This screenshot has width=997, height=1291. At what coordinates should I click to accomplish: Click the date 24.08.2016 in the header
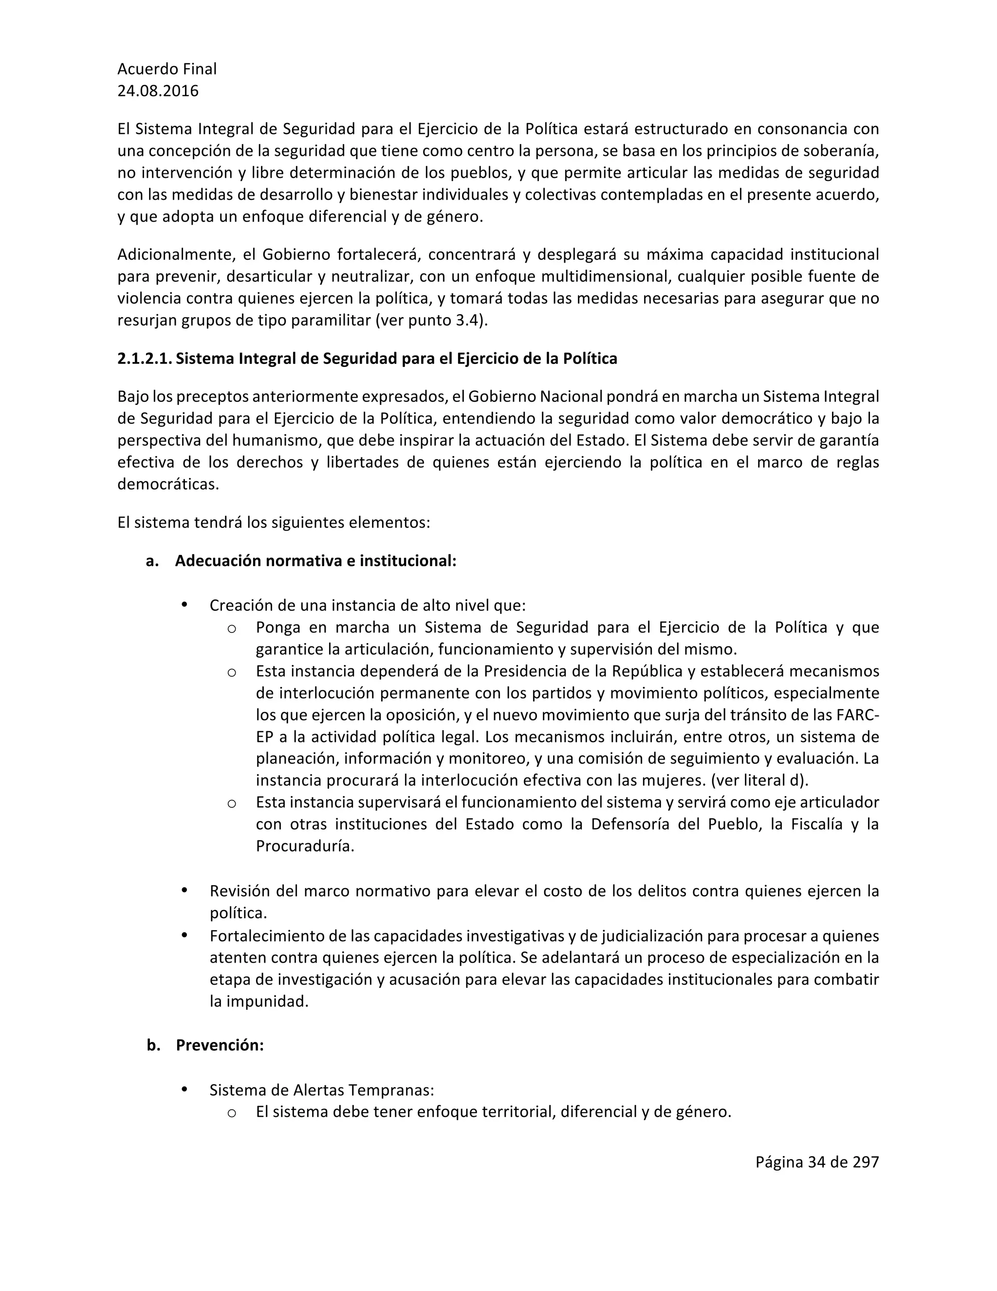[x=158, y=91]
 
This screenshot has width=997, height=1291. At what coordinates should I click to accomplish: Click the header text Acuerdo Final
[x=166, y=69]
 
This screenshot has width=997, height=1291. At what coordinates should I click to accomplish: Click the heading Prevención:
[x=219, y=1045]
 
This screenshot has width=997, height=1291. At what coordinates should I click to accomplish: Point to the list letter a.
[x=152, y=561]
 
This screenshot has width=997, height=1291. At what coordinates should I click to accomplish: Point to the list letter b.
[x=153, y=1045]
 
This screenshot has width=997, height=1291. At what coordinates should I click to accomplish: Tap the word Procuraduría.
[x=305, y=846]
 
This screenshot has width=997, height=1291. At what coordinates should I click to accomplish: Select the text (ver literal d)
[x=759, y=780]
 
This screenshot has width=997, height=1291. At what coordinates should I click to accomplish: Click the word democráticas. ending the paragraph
[x=168, y=484]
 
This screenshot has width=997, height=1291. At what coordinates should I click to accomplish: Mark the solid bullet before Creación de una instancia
[x=185, y=604]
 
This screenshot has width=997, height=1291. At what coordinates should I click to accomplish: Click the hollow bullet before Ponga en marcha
[x=232, y=628]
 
